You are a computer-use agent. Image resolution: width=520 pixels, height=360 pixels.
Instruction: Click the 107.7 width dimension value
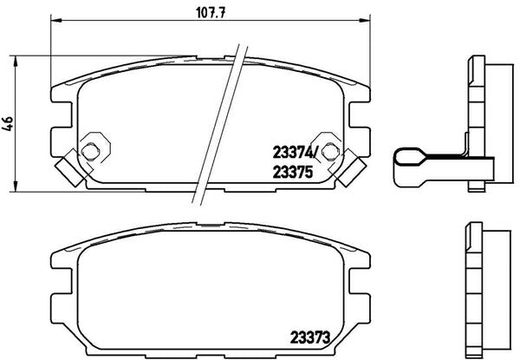tap(211, 13)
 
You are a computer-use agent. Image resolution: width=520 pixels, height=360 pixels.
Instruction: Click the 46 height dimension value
tap(8, 123)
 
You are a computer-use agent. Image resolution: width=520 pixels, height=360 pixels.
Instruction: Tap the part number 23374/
tap(295, 153)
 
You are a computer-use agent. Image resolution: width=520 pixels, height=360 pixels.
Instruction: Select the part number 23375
tap(293, 172)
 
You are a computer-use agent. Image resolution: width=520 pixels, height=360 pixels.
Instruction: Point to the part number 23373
tap(310, 337)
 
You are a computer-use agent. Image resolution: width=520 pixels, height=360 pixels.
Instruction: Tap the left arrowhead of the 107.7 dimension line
tap(56, 21)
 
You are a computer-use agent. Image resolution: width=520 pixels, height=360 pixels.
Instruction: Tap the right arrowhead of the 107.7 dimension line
tap(365, 21)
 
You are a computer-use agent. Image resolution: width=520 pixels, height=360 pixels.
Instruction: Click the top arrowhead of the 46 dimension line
tap(15, 62)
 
